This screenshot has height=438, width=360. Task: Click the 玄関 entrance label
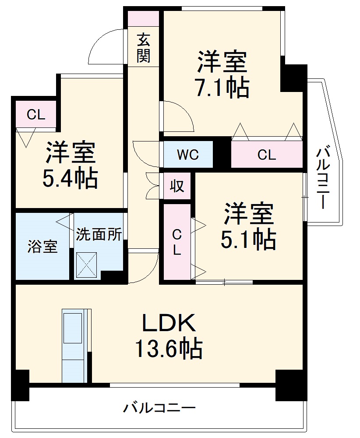tap(143, 48)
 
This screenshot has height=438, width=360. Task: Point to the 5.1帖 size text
tap(248, 239)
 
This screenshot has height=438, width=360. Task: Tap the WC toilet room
tap(188, 155)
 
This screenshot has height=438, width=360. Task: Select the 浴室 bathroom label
tap(42, 247)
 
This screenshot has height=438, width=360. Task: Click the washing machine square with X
tap(87, 265)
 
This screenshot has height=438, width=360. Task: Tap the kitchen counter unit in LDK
tap(74, 346)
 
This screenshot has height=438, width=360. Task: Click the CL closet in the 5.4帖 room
tap(36, 115)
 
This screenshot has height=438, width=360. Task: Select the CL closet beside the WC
tap(266, 155)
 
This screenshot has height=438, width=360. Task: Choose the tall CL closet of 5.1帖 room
tap(176, 242)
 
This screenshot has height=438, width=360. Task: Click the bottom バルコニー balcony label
tap(159, 408)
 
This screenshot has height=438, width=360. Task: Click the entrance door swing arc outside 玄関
tap(105, 47)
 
